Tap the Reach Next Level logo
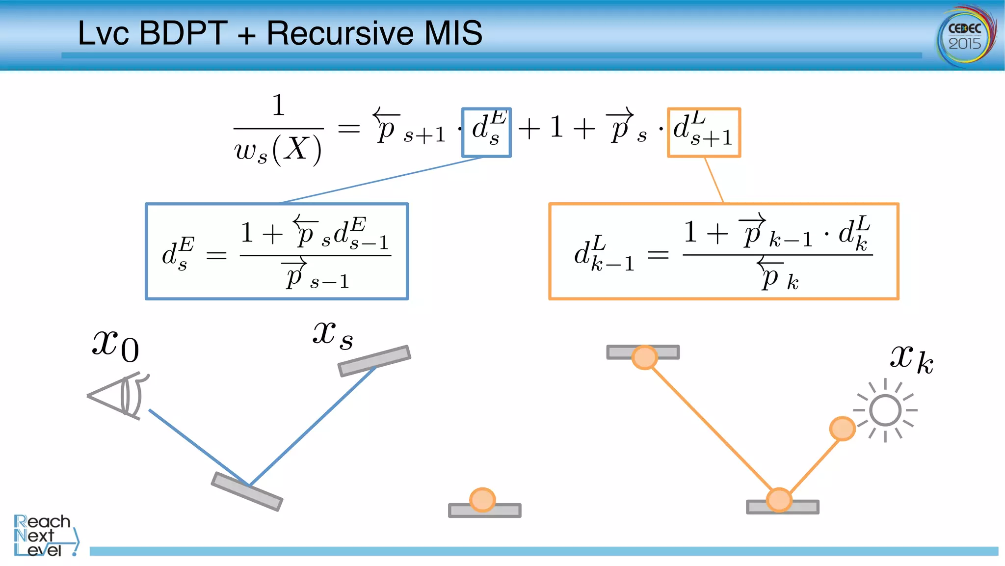click(44, 535)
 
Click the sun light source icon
click(885, 410)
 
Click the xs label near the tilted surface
click(333, 335)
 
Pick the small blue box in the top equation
click(486, 132)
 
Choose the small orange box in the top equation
click(704, 132)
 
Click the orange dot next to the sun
click(842, 429)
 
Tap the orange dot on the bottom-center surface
click(482, 500)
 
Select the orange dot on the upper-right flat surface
click(644, 357)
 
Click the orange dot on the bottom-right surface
click(779, 500)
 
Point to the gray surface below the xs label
click(374, 361)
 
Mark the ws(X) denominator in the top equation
click(278, 149)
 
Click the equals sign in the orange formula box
click(658, 254)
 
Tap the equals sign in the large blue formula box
click(216, 255)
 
